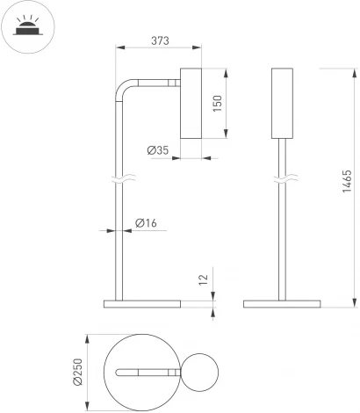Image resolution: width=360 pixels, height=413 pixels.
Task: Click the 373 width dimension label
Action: [159, 40]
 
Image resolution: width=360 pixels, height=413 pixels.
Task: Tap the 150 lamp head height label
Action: [218, 103]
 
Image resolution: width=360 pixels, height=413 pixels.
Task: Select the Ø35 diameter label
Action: [158, 150]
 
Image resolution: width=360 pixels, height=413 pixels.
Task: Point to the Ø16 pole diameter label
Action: [146, 224]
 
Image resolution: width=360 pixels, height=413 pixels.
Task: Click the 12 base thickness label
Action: [205, 279]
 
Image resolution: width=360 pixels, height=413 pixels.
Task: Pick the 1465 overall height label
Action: [348, 186]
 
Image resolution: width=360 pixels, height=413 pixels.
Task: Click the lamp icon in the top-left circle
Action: [27, 26]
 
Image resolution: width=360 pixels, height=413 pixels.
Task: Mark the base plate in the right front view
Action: [282, 304]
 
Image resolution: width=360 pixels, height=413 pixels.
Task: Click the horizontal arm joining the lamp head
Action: [158, 83]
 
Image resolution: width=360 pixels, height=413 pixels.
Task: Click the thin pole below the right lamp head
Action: [282, 228]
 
